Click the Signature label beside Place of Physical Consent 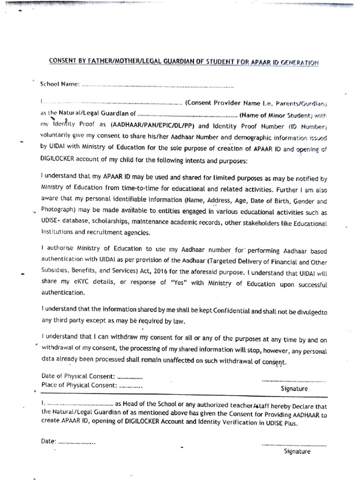(294, 389)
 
